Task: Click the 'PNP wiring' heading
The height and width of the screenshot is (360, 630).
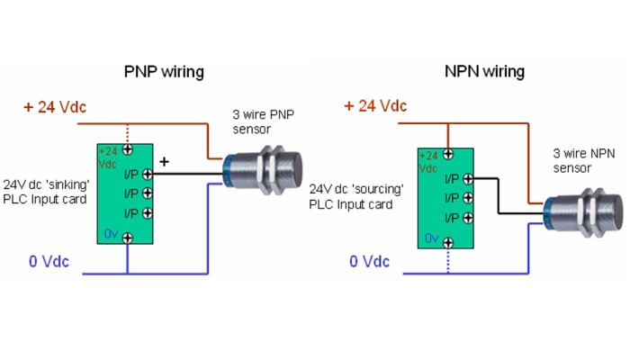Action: (x=163, y=71)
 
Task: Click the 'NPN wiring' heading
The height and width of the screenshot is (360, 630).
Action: (x=484, y=71)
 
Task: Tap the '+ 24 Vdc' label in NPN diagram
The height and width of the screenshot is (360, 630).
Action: (x=375, y=106)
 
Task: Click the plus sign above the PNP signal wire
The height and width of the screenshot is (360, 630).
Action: (x=164, y=162)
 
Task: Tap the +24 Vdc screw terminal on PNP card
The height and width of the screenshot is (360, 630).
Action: (x=128, y=150)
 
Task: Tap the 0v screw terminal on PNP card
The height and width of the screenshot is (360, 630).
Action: (x=128, y=238)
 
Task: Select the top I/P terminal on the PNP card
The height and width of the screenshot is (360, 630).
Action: (x=128, y=175)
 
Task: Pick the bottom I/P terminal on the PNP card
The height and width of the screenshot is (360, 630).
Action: (x=128, y=213)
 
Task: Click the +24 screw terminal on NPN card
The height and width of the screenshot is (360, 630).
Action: (x=447, y=154)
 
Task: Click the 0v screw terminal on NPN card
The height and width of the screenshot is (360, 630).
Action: (x=447, y=238)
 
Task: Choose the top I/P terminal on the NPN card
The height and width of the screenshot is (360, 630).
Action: (x=468, y=178)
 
